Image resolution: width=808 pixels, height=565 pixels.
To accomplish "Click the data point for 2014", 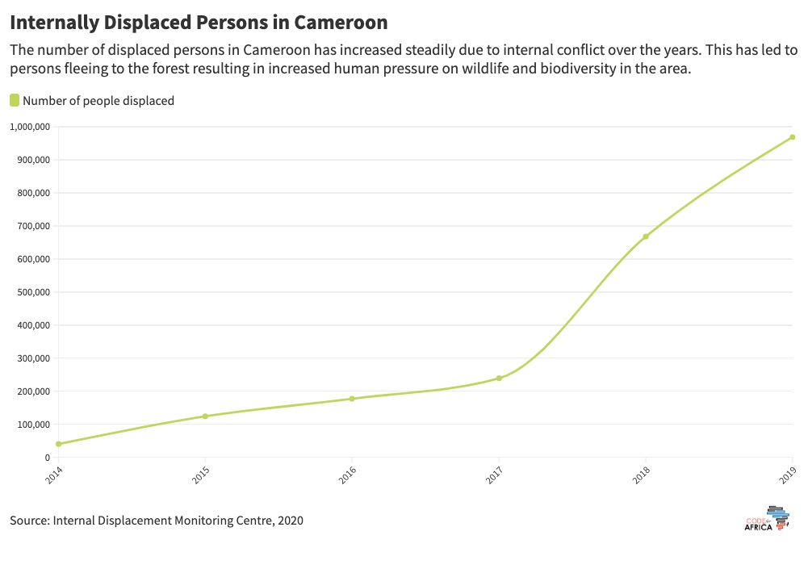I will tap(58, 444).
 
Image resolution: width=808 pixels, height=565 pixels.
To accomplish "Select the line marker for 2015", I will tap(205, 416).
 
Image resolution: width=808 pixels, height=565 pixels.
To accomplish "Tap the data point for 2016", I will tap(352, 399).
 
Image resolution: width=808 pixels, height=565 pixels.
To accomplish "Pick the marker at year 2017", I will tap(499, 379).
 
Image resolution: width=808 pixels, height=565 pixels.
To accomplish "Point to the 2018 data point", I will tap(646, 236).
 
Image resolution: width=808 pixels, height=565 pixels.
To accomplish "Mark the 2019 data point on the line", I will tap(793, 137).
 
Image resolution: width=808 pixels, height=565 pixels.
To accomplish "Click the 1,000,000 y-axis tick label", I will tap(31, 127).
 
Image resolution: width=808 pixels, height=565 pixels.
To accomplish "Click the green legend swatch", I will tap(15, 100).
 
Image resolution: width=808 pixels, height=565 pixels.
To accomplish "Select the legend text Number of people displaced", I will tap(98, 101).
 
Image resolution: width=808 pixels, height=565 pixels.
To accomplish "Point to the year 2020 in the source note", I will tap(290, 521).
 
